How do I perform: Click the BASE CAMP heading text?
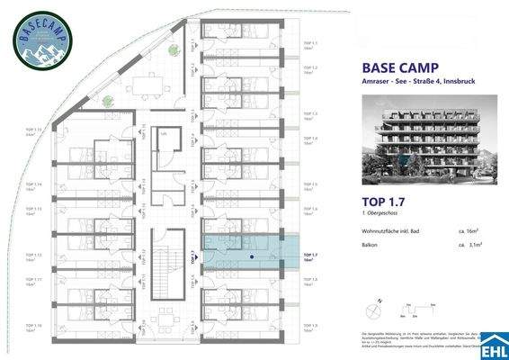(x=393, y=67)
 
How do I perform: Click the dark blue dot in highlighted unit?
(x=252, y=256)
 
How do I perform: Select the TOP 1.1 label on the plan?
(x=310, y=45)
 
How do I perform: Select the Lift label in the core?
(x=163, y=132)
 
